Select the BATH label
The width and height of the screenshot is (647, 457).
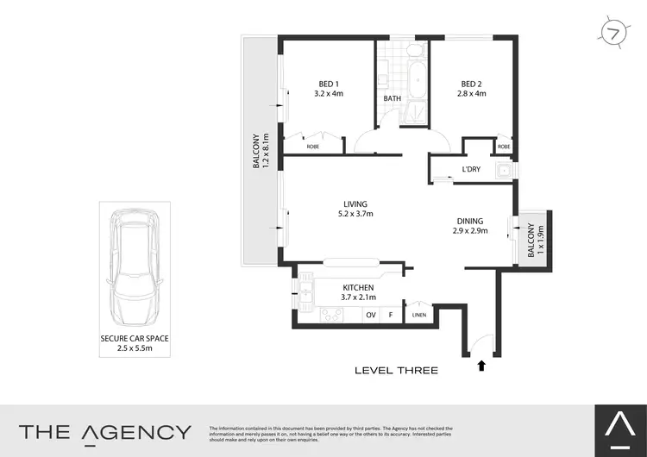pos(393,98)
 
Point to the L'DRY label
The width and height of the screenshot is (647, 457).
pos(470,169)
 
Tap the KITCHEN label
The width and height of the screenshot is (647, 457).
pos(357,287)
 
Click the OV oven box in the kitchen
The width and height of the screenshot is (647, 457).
pos(371,316)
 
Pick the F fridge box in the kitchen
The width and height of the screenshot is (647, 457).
pos(391,316)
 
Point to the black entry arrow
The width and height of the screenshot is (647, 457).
pos(480,366)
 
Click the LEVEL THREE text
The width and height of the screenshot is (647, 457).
pos(396,371)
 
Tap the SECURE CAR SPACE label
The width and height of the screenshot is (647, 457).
pos(134,339)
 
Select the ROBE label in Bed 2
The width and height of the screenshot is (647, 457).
pos(504,147)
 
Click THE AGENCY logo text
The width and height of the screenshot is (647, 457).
pos(105,432)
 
